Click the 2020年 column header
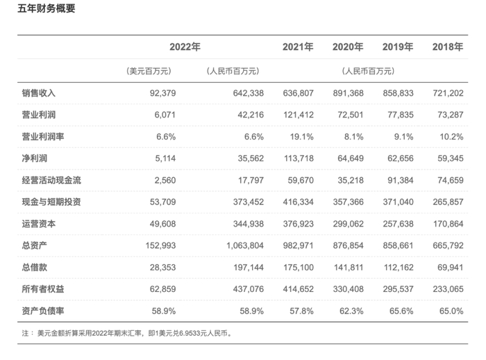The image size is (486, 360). pos(349,47)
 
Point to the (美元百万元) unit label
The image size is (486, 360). pos(149,71)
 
